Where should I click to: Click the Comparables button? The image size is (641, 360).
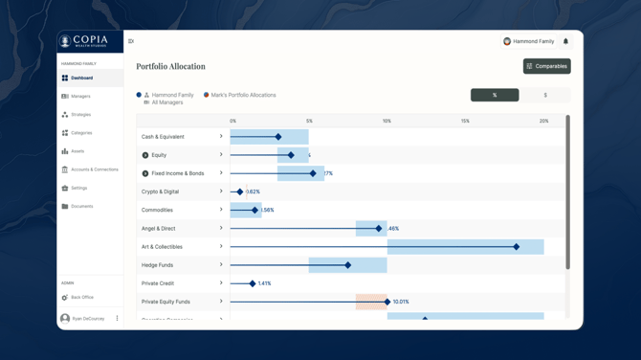click(x=546, y=66)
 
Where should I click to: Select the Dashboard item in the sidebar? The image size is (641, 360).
click(x=81, y=78)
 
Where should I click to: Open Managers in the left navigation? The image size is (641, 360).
click(x=80, y=96)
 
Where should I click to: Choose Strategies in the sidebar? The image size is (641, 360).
click(x=80, y=115)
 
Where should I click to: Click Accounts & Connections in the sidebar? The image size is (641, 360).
click(x=94, y=169)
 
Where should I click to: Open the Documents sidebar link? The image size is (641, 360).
click(x=81, y=206)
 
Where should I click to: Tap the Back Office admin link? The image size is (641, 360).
click(x=81, y=298)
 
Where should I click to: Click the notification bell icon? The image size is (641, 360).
click(x=565, y=41)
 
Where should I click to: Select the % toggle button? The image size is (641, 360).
click(x=495, y=95)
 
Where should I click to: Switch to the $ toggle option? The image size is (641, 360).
click(x=545, y=95)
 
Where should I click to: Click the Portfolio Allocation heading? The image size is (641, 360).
click(x=170, y=66)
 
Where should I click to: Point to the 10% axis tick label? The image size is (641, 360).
click(x=387, y=121)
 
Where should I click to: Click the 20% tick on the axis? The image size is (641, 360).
click(x=543, y=121)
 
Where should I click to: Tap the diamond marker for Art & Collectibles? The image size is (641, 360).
click(x=517, y=247)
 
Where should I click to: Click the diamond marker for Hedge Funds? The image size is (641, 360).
click(x=348, y=265)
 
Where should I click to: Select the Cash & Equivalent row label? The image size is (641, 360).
click(x=163, y=137)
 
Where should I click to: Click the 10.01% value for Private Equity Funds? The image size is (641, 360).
click(x=401, y=302)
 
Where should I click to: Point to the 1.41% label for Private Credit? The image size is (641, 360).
click(x=265, y=283)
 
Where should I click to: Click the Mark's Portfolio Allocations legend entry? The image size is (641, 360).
click(x=243, y=95)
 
